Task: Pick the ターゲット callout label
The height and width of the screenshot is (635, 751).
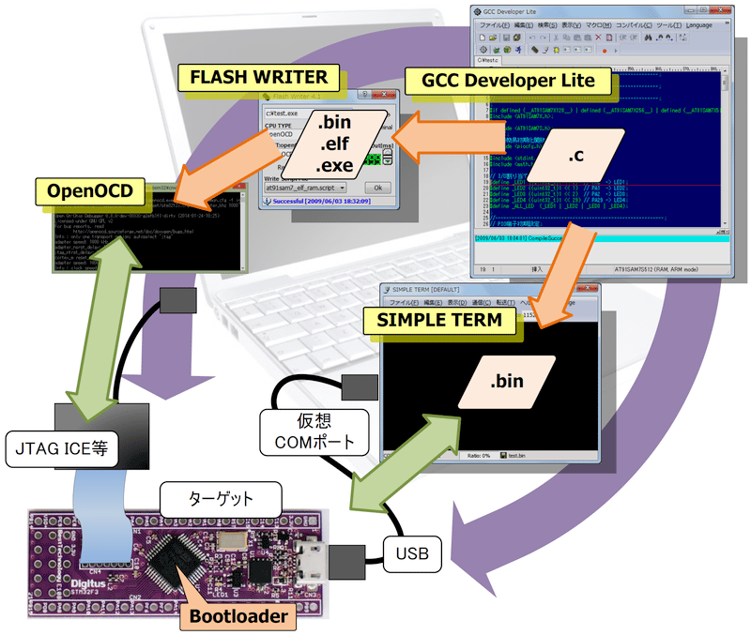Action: pyautogui.click(x=222, y=497)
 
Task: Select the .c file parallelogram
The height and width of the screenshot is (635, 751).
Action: pyautogui.click(x=576, y=160)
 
